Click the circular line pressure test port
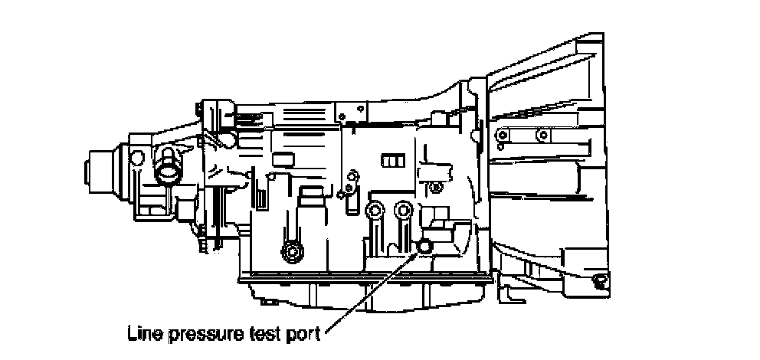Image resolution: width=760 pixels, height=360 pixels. [x=424, y=245]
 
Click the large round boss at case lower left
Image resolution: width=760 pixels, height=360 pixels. [x=290, y=250]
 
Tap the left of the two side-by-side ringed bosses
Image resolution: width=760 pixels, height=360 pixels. [x=375, y=211]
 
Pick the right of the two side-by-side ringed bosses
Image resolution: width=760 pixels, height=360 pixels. [x=402, y=209]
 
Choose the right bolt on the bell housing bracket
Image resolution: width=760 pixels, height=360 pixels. [x=542, y=136]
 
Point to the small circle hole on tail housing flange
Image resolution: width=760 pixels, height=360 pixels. [x=138, y=158]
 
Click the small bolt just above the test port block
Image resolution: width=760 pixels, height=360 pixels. [x=436, y=186]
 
